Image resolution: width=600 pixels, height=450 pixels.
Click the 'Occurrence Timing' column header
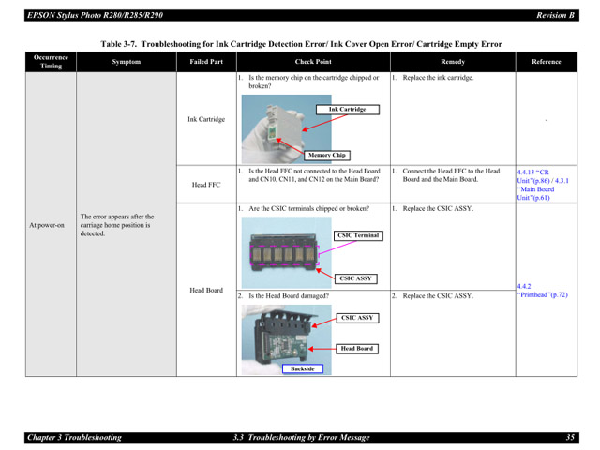click(x=51, y=62)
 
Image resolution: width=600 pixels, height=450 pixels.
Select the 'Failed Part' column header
click(x=205, y=62)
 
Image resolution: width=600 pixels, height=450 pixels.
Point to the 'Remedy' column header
click(x=452, y=62)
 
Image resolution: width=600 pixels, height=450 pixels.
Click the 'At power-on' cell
click(x=47, y=225)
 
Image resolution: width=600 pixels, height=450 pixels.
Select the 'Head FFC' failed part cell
click(x=205, y=185)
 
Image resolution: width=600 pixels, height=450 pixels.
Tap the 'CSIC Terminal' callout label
click(x=358, y=235)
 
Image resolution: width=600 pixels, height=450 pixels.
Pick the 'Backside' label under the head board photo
click(x=303, y=368)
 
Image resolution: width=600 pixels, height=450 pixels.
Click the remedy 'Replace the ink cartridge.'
click(x=438, y=79)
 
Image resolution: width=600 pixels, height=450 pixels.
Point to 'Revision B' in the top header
click(x=556, y=15)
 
